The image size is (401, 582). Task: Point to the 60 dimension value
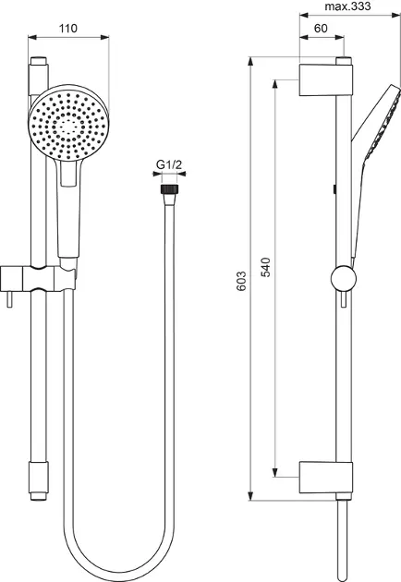[321, 28]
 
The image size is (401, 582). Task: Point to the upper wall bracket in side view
[326, 78]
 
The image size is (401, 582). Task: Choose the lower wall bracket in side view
[326, 475]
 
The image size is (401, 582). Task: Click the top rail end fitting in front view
[38, 67]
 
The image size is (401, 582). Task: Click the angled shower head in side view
[377, 125]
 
